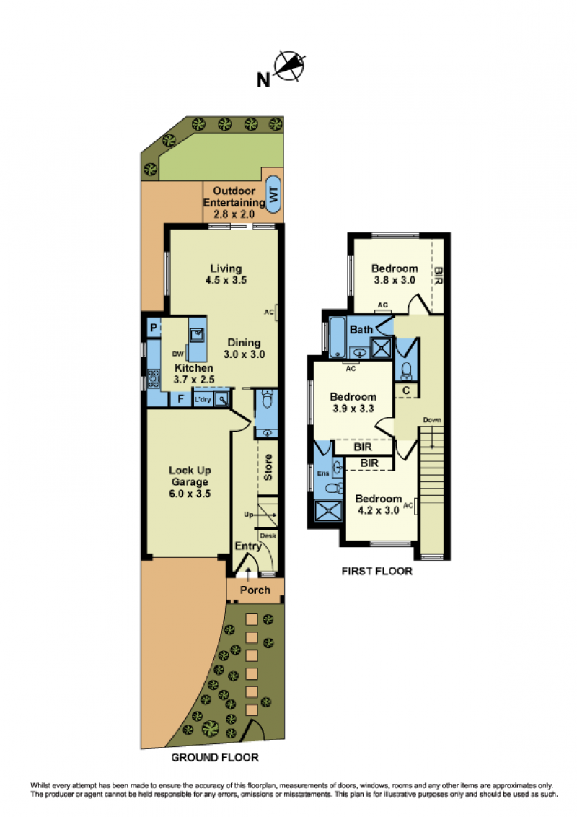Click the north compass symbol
289,66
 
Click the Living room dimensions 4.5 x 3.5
226,280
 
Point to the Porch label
255,590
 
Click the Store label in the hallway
268,467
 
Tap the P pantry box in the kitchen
154,328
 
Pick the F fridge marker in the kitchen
181,399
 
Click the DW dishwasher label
178,354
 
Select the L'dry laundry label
203,400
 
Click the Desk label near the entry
268,536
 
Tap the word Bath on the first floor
361,329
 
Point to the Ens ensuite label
323,473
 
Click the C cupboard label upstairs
406,390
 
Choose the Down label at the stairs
432,420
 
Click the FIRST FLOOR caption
377,571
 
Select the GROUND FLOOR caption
215,758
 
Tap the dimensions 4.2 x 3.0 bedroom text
378,510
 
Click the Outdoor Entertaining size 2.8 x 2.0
234,214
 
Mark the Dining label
244,343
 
